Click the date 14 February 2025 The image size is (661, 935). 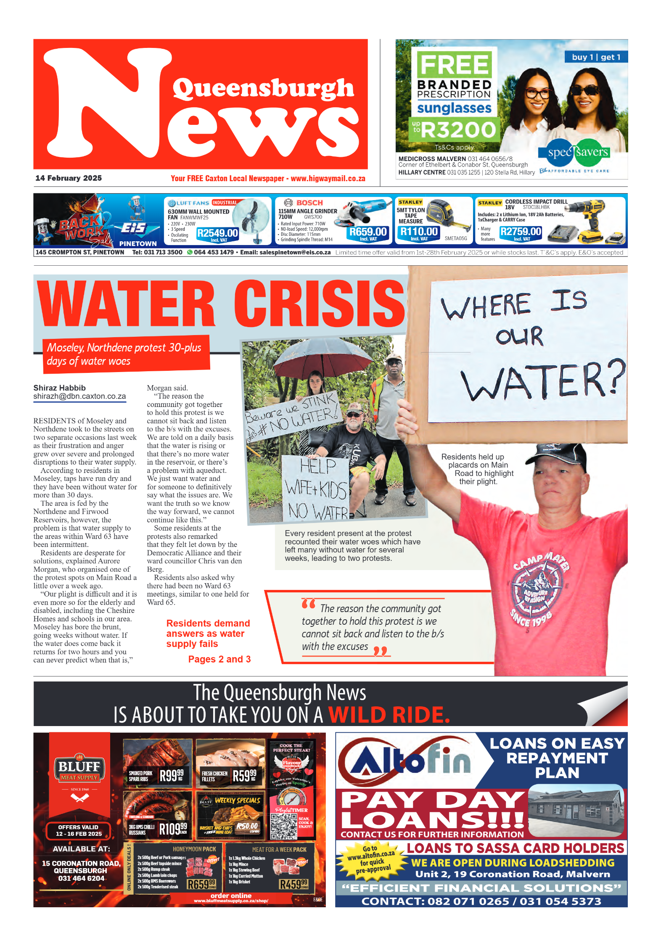click(69, 178)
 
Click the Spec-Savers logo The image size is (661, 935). click(578, 152)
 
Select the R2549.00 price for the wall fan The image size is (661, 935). click(217, 233)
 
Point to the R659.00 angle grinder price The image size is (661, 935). click(368, 232)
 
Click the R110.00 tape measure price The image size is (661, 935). click(419, 232)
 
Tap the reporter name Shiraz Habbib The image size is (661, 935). click(60, 388)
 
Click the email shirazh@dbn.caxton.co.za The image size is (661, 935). click(79, 396)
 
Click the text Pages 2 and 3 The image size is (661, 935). click(219, 659)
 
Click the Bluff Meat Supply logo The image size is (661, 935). click(79, 771)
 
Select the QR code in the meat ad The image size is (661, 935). click(283, 826)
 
